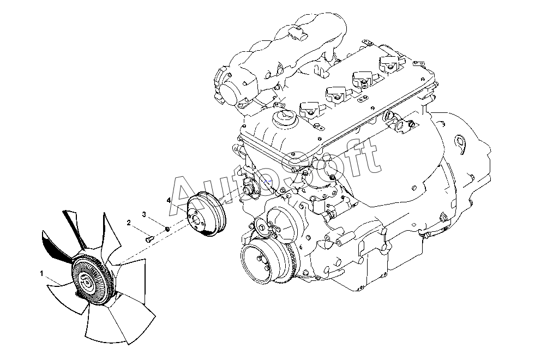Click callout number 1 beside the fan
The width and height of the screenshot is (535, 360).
41,273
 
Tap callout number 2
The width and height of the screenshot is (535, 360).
129,223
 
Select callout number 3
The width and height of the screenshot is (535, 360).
144,214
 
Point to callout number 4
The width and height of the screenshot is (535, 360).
169,200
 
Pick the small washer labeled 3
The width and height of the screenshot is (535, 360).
167,228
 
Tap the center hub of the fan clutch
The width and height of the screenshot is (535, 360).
87,282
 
